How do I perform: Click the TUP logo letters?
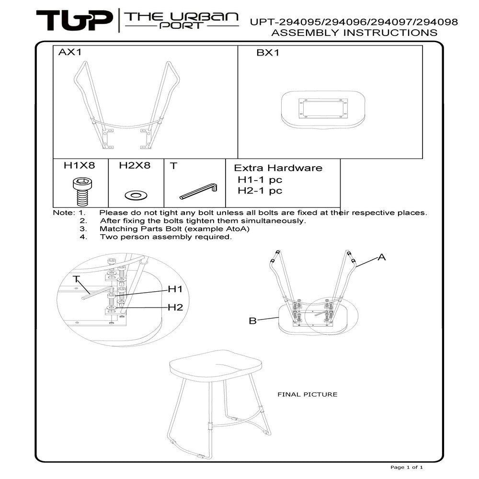74,20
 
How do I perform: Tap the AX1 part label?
70,52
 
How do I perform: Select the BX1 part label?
268,53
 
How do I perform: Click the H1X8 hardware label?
80,165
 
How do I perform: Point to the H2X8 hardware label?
135,165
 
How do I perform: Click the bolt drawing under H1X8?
82,192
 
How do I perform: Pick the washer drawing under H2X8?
136,195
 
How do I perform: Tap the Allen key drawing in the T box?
198,191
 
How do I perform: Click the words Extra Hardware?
278,168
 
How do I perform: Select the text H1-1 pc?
260,180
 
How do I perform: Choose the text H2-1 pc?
260,191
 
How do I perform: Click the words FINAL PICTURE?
308,394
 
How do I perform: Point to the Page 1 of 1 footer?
407,467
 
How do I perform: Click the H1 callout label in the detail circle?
175,289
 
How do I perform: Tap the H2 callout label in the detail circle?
175,308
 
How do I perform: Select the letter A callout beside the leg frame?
382,257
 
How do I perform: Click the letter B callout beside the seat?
252,321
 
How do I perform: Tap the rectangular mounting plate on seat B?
323,108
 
